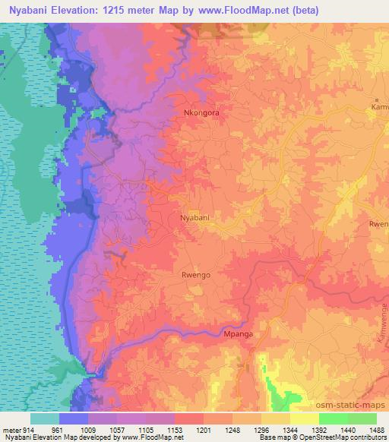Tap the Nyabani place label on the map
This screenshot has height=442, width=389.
[x=194, y=218]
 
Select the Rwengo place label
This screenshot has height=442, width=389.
[x=195, y=275]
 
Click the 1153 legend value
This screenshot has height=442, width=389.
[x=174, y=429]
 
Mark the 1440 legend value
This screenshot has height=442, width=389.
[x=347, y=429]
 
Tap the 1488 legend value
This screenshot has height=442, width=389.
[x=375, y=429]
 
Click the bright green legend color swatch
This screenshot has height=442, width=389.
[x=333, y=418]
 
